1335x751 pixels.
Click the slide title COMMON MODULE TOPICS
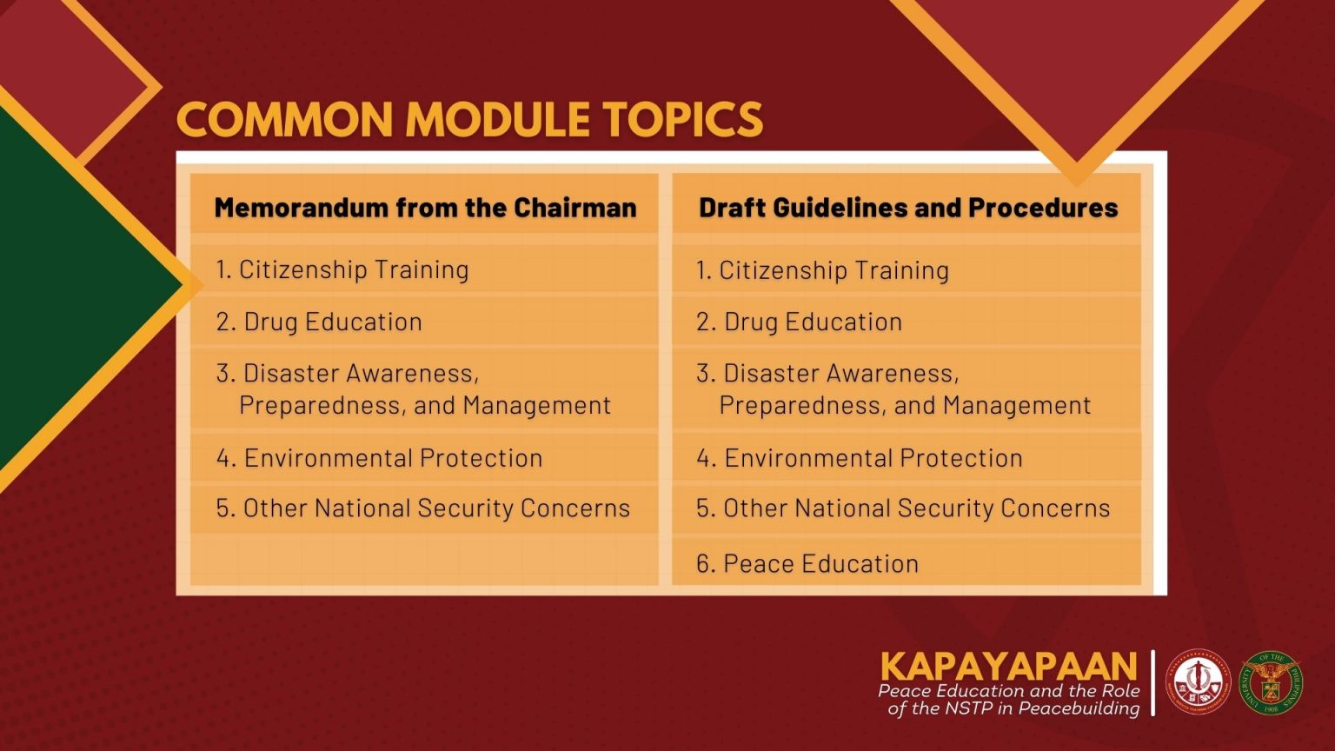(x=469, y=120)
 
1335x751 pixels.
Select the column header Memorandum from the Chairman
(x=425, y=208)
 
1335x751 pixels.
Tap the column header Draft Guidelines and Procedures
(x=907, y=208)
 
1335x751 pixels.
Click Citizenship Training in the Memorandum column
(x=342, y=269)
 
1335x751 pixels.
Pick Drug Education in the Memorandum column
(x=319, y=322)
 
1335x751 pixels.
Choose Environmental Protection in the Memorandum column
(x=380, y=458)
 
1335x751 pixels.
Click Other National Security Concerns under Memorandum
(x=423, y=508)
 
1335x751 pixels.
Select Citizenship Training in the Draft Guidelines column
(x=822, y=270)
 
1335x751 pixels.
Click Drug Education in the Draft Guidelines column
(x=800, y=322)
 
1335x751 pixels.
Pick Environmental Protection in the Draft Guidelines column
(x=860, y=458)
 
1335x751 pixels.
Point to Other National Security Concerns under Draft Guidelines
(x=903, y=508)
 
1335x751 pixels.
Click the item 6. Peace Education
(x=807, y=563)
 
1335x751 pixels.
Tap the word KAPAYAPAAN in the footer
(x=1008, y=667)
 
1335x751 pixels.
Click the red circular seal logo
(x=1198, y=682)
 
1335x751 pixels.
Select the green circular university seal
(x=1271, y=682)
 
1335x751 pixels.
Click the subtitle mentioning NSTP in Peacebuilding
(x=1010, y=700)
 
